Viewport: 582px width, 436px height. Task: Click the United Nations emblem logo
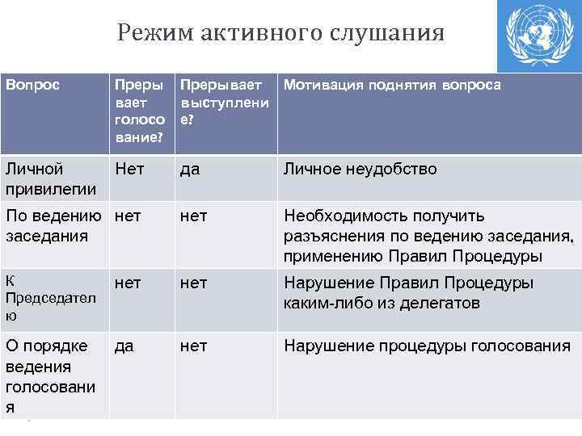pos(538,36)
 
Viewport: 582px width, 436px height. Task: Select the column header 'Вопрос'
pos(32,85)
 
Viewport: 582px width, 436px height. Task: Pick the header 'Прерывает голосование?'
pos(140,111)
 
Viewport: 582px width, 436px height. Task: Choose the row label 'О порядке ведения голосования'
pos(50,376)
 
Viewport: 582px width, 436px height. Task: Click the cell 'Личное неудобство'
pos(360,170)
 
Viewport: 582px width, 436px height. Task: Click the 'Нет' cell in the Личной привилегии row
pos(130,170)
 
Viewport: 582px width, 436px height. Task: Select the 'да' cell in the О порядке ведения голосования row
pos(124,346)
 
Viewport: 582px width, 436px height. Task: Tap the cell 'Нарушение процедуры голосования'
pos(427,346)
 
